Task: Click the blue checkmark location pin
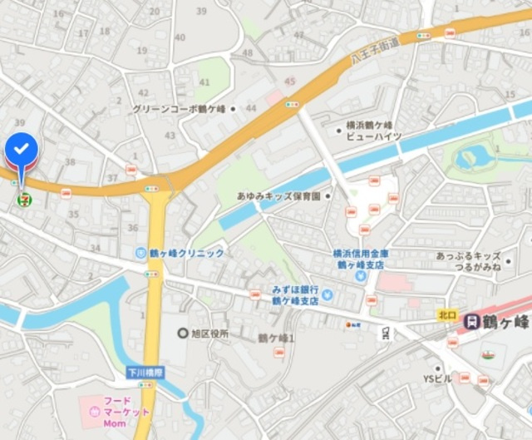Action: tap(22, 151)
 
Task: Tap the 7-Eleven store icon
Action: tap(22, 199)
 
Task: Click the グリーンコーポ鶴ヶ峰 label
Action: tap(180, 109)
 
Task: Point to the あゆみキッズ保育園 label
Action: tap(278, 195)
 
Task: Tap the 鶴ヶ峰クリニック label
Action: tap(185, 252)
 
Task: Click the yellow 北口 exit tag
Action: tap(447, 315)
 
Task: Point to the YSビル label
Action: tap(437, 378)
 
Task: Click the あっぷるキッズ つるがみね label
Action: tap(468, 262)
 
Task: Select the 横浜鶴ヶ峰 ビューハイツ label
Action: tap(374, 131)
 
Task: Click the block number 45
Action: tap(289, 81)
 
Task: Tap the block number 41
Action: tap(204, 82)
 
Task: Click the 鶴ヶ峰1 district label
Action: tap(276, 337)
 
